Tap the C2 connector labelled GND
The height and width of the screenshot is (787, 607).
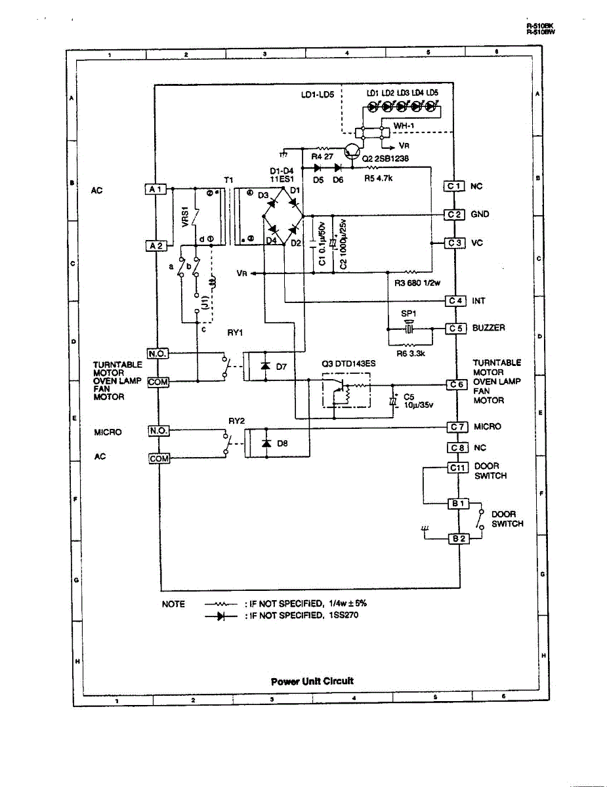(x=455, y=214)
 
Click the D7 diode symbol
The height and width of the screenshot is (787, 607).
(x=265, y=366)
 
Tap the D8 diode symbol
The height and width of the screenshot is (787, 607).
(x=265, y=443)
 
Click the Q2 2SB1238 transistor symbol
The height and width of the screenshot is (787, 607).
(x=353, y=151)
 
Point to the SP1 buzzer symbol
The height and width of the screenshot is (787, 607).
(x=409, y=327)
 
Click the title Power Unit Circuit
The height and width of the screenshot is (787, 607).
(x=312, y=681)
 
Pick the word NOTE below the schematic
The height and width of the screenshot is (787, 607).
(x=173, y=604)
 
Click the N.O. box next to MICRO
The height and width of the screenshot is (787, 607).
(x=159, y=431)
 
